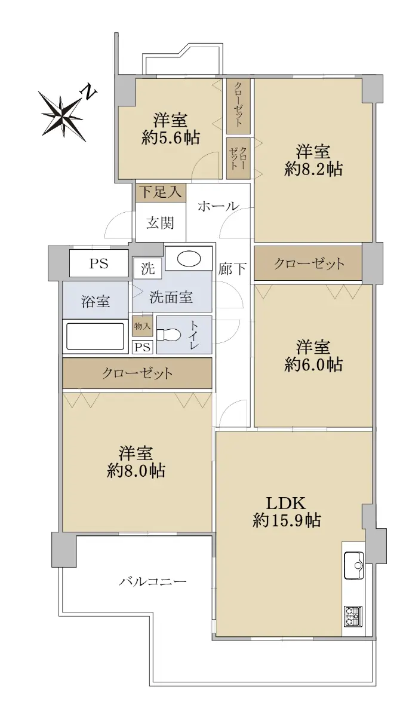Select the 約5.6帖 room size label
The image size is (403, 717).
point(171,137)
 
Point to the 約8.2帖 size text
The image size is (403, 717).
point(313,168)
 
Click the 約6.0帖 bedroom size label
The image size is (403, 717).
point(313,364)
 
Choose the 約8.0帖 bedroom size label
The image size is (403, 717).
point(136,471)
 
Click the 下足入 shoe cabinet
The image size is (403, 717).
point(161,192)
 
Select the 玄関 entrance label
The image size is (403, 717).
point(160,223)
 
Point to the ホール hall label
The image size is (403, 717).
point(219,206)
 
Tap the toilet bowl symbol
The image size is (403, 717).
point(169,335)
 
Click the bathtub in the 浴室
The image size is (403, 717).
point(95,336)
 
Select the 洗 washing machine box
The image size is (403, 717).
point(148,268)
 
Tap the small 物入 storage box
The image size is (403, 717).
point(143,326)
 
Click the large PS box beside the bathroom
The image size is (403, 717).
point(99,263)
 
